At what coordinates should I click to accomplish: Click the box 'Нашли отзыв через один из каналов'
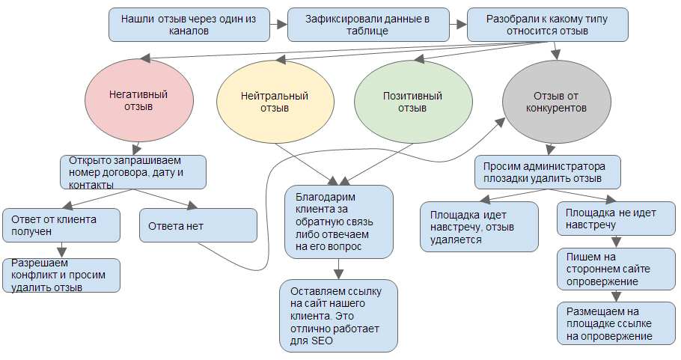tap(189, 25)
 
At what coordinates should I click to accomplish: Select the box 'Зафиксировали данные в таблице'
tap(368, 25)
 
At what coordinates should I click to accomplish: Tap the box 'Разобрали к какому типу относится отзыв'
tap(547, 25)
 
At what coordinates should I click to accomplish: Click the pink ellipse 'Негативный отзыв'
tap(139, 101)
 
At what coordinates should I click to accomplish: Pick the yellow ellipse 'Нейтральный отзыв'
tap(275, 102)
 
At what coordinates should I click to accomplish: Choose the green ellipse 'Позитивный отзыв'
tap(413, 102)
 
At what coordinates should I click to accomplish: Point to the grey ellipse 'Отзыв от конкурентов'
tap(556, 102)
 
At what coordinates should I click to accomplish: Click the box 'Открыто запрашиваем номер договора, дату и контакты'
tap(133, 172)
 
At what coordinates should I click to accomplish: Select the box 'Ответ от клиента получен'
tap(61, 225)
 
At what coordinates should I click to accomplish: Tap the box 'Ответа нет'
tap(198, 225)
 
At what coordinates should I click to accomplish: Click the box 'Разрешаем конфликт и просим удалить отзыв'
tap(61, 275)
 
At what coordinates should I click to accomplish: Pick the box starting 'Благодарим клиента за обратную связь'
tap(339, 222)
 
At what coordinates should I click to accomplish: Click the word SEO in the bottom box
tap(322, 341)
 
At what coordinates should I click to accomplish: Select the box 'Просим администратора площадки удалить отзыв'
tap(548, 172)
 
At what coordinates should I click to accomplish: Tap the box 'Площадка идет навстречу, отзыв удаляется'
tap(479, 227)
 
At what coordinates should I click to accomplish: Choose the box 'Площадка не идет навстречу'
tap(617, 219)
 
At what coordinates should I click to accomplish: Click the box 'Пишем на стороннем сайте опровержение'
tap(617, 269)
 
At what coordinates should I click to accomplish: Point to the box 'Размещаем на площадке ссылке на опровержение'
tap(617, 323)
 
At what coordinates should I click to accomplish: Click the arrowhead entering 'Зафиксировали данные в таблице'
tap(282, 25)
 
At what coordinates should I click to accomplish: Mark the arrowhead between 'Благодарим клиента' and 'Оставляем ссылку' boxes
tap(339, 275)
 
